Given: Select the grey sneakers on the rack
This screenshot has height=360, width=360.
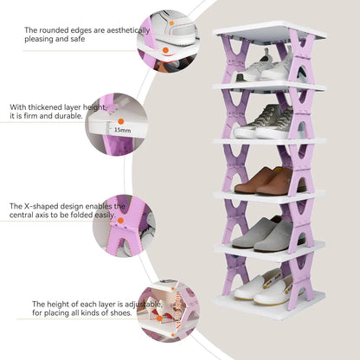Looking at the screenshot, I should point(264,123).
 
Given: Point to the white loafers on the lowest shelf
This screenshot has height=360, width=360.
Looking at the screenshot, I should point(262,287).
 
